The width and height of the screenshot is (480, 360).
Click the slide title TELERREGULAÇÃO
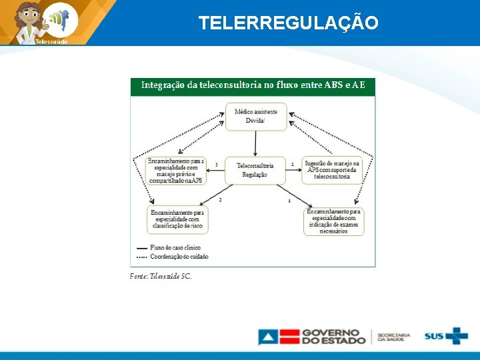(x=288, y=23)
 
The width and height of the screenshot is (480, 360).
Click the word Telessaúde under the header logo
(x=51, y=41)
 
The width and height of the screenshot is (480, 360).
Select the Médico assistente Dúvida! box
(x=256, y=117)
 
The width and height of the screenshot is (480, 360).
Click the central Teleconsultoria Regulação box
(x=255, y=170)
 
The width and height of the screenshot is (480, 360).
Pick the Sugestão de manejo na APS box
(x=332, y=170)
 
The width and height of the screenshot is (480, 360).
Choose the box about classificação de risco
(x=177, y=219)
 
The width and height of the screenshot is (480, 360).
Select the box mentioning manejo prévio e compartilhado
(x=177, y=171)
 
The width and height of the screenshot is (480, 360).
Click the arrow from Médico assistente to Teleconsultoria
(x=256, y=143)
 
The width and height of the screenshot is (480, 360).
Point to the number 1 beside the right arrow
(x=292, y=164)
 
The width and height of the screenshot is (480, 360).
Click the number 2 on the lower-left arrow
(x=220, y=199)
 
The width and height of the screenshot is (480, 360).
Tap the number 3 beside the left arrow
(x=217, y=164)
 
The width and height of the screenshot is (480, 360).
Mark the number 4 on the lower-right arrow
(x=289, y=200)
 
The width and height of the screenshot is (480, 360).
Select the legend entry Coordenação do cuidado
(x=179, y=256)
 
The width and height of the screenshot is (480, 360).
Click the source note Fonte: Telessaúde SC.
(x=161, y=276)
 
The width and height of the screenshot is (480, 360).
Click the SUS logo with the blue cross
(x=446, y=336)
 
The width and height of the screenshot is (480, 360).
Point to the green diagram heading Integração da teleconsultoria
(x=253, y=85)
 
